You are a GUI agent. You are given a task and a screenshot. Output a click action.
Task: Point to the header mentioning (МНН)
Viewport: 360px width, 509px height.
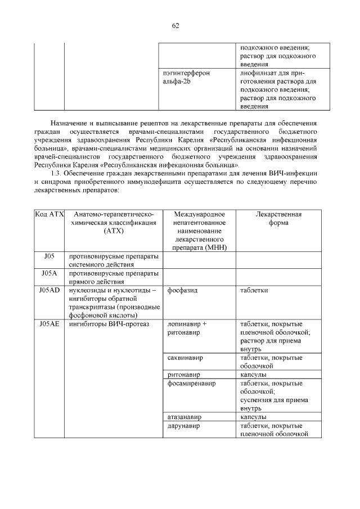(200, 231)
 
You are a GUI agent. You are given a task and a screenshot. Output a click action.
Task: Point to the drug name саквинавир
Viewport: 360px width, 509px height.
(186, 358)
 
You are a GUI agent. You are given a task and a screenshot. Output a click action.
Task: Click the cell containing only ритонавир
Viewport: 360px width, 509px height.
(183, 374)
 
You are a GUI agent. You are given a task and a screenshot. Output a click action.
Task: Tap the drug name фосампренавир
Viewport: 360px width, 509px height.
(192, 383)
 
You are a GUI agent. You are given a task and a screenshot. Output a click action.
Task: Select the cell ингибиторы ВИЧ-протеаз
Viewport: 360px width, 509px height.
(108, 324)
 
